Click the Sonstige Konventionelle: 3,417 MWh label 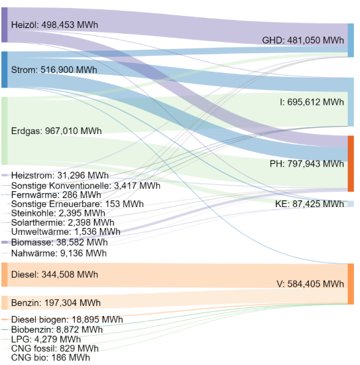[x=86, y=185]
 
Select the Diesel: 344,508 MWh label [x=54, y=274]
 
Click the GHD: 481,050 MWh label [x=303, y=40]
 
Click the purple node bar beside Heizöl [x=5, y=25]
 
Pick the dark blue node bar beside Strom [x=5, y=70]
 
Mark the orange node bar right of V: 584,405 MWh [x=351, y=283]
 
